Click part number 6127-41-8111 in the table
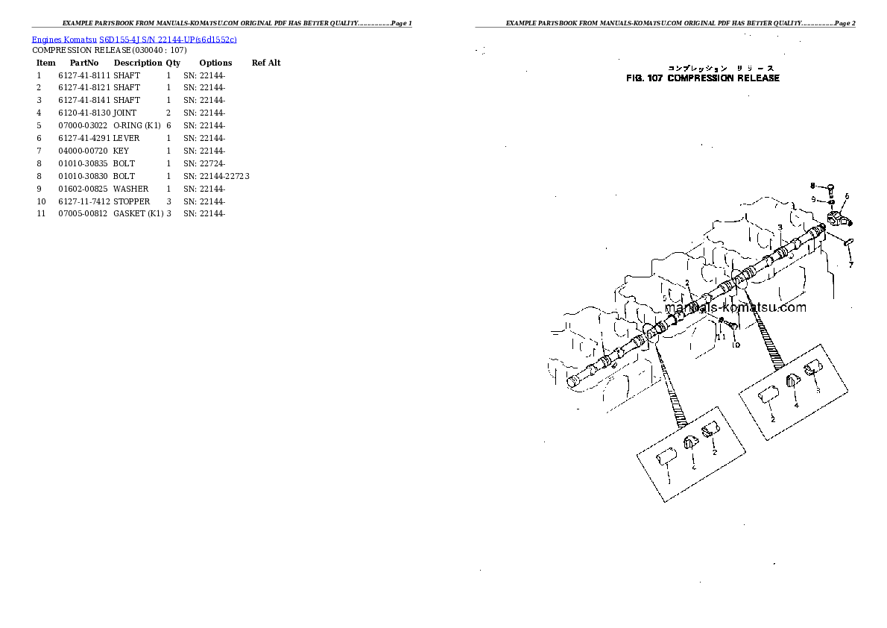click(84, 75)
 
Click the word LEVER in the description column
click(127, 138)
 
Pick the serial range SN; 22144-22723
click(216, 176)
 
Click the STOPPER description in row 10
click(132, 201)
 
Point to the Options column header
click(215, 63)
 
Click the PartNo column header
click(84, 63)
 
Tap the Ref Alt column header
click(266, 63)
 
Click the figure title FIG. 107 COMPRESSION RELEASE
click(704, 78)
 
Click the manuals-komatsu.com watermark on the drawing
click(734, 307)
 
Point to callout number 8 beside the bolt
click(813, 186)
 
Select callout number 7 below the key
click(851, 264)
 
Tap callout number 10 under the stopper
click(736, 345)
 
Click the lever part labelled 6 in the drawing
click(838, 219)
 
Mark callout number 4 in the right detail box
click(796, 405)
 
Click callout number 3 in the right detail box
click(818, 390)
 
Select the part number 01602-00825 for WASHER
click(84, 189)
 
